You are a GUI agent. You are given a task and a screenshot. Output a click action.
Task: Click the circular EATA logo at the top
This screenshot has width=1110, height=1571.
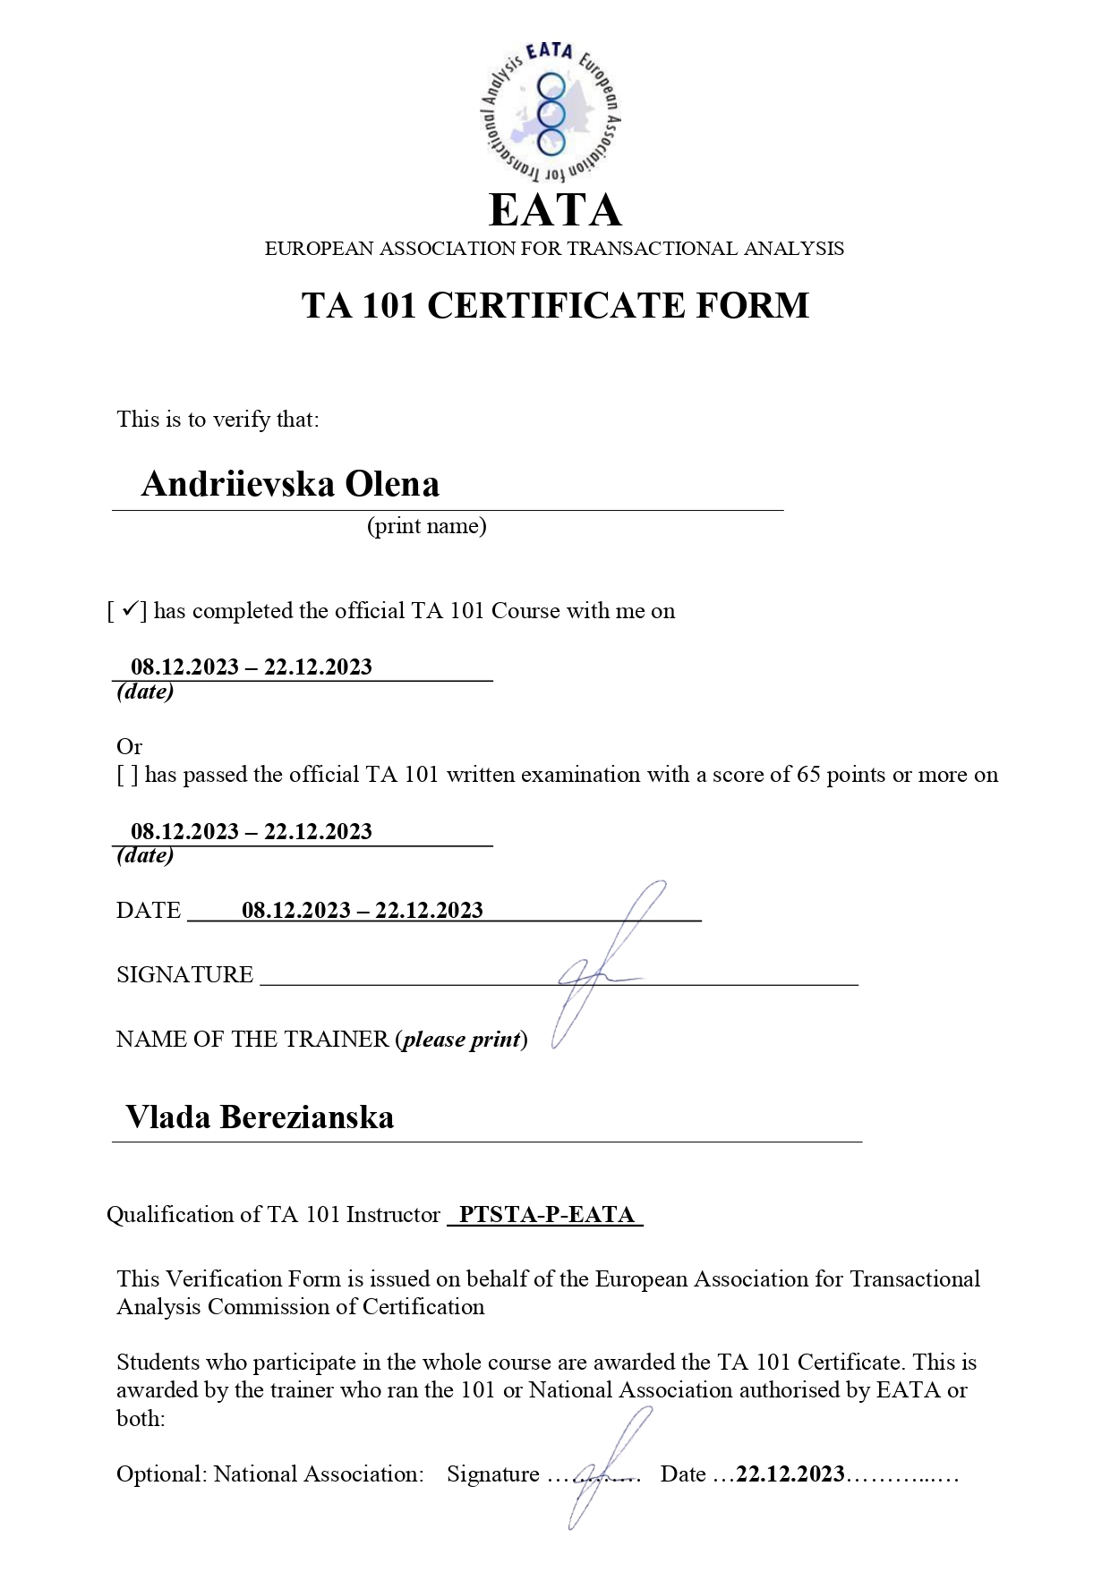click(551, 113)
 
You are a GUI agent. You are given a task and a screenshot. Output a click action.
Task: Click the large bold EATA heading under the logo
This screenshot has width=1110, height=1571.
click(555, 211)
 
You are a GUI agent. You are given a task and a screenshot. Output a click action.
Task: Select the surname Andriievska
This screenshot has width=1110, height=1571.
click(238, 484)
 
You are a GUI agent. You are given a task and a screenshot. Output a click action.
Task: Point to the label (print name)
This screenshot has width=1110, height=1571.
click(426, 526)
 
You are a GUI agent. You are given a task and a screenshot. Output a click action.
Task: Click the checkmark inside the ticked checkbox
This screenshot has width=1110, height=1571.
click(129, 610)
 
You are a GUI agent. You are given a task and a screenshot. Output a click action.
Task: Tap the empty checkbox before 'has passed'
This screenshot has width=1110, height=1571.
click(127, 775)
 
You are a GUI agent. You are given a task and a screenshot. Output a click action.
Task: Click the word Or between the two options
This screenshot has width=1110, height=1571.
click(129, 746)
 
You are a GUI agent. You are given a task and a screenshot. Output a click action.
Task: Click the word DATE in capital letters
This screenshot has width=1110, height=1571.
click(149, 911)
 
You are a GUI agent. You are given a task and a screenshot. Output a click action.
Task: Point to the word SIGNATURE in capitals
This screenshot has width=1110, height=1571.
click(184, 975)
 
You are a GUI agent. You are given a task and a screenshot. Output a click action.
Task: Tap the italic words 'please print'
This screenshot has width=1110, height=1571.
click(461, 1040)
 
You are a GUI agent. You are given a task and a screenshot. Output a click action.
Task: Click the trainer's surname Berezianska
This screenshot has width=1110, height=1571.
click(307, 1117)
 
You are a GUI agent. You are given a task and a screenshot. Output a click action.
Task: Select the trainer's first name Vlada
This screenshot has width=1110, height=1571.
click(167, 1117)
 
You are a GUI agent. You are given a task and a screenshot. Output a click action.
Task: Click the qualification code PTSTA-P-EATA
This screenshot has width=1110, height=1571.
click(546, 1215)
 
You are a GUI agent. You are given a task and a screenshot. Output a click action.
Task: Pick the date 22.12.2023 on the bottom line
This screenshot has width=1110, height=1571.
click(790, 1474)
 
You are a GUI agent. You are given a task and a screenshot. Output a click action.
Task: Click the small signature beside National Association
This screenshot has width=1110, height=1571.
click(600, 1467)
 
